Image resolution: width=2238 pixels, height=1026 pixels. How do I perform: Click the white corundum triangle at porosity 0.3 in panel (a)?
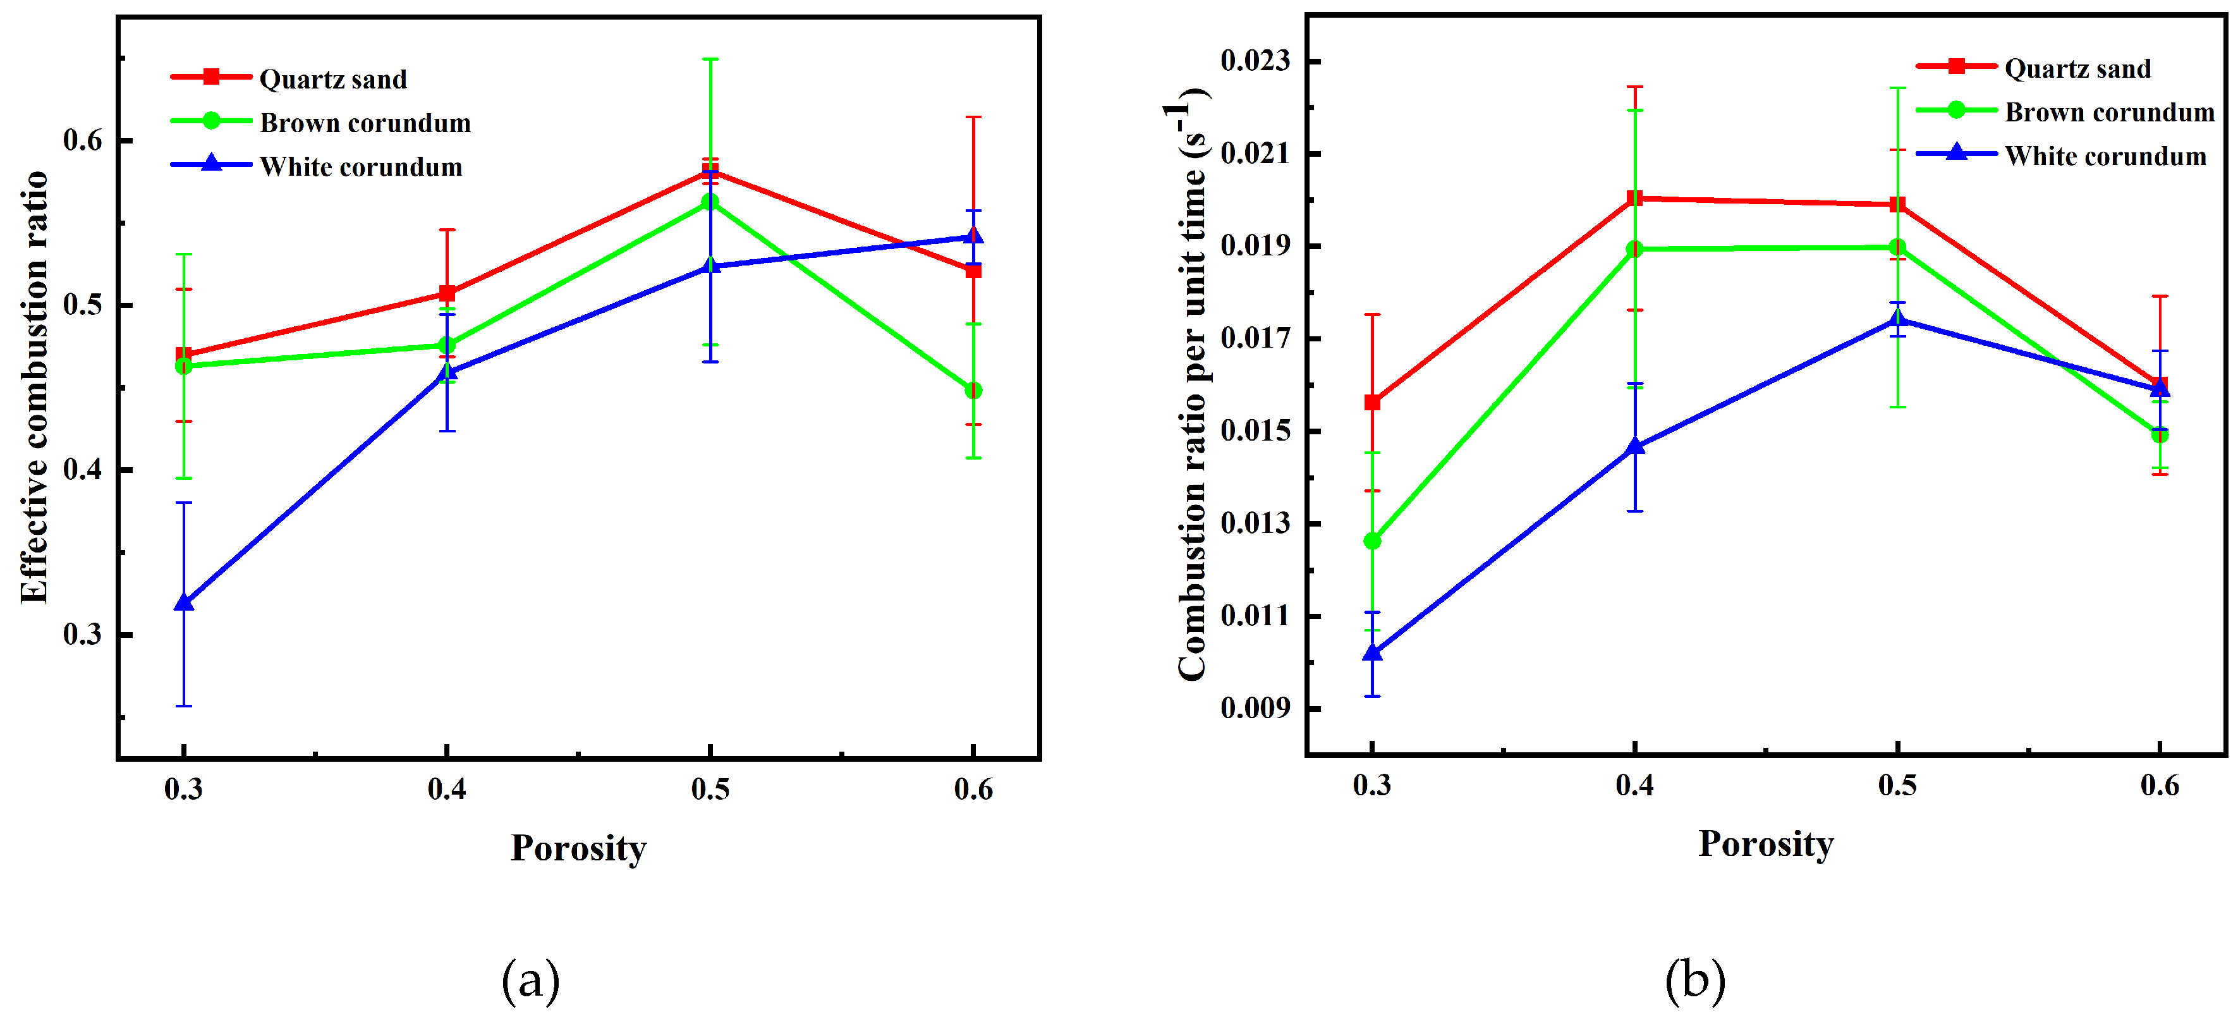pos(183,602)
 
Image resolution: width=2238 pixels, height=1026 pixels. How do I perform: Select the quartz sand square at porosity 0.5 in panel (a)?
pos(710,170)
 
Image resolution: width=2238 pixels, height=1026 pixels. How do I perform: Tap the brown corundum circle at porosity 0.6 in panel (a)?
pos(973,391)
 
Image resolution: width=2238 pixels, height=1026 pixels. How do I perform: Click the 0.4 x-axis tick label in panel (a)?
pos(447,789)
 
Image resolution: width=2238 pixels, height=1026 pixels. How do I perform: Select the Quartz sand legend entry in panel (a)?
pos(332,79)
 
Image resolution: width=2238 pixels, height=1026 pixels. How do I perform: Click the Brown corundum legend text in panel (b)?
pos(2110,112)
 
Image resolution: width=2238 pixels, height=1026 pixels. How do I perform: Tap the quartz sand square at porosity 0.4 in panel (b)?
pos(1634,198)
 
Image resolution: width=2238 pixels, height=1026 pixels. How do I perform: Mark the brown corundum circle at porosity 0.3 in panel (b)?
pos(1372,540)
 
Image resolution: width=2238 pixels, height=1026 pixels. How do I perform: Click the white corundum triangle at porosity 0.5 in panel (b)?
pos(1897,319)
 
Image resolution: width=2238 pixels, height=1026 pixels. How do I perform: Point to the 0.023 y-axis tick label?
pos(1255,61)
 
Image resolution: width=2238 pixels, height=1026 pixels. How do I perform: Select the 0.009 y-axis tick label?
pos(1255,708)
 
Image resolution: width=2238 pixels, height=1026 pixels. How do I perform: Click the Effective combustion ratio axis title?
pos(35,387)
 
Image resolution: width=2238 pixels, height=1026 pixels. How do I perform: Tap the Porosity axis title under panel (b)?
pos(1765,843)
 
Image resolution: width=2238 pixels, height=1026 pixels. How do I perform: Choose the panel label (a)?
pos(531,980)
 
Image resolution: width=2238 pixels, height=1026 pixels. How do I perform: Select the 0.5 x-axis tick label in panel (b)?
pos(1897,785)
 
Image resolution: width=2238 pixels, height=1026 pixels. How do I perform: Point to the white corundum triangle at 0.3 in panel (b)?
pos(1372,652)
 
